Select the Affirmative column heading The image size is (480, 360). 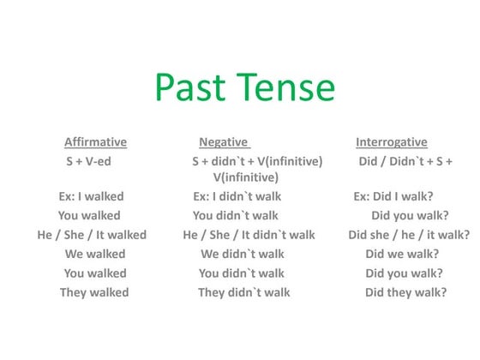pos(95,142)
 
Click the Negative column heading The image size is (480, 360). pos(223,142)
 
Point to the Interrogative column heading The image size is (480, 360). pos(391,142)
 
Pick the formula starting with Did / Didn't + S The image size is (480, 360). pos(405,161)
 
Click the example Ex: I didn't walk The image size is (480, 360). pos(237,196)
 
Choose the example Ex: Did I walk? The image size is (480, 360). pos(393,196)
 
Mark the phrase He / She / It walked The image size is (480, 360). pos(92,235)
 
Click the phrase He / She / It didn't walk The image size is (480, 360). pos(249,235)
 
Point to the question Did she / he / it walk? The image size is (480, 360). pos(409,235)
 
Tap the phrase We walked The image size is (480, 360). pos(95,254)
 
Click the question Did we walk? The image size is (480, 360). pos(402,254)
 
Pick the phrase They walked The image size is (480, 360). pos(94,292)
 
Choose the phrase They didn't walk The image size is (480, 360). pos(243,292)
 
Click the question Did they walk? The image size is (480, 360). pos(405,292)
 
